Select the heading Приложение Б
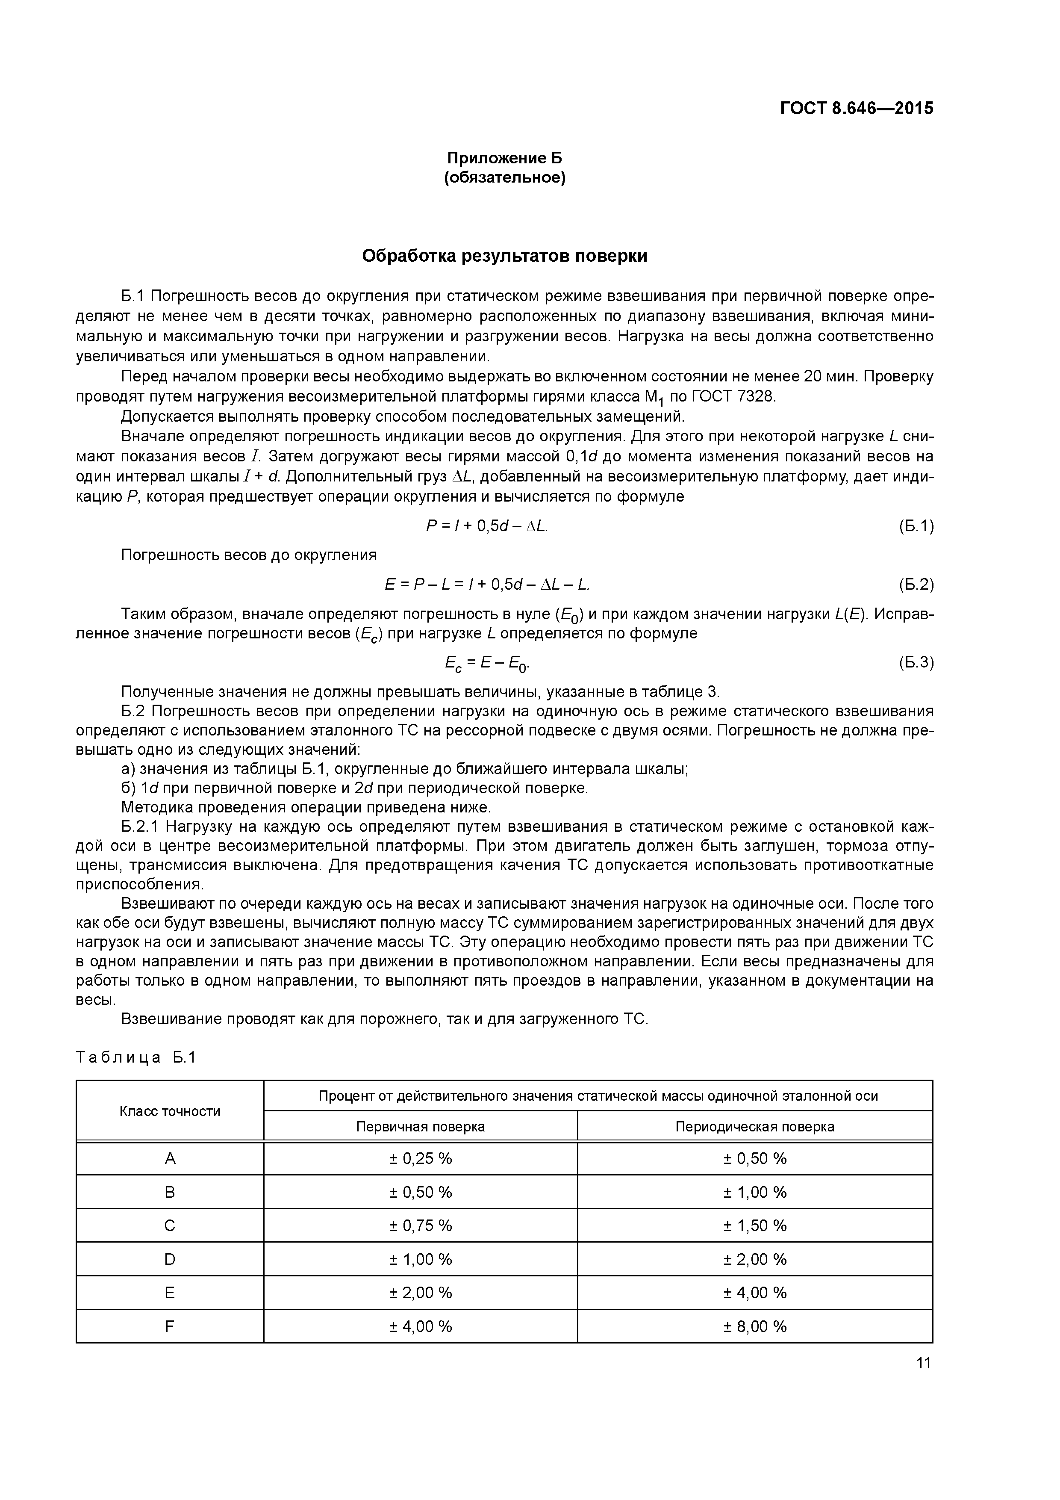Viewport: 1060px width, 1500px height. (x=504, y=158)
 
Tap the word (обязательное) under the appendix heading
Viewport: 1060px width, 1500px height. (x=504, y=178)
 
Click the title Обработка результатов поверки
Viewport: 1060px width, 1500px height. (x=504, y=256)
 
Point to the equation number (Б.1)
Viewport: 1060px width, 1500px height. (x=916, y=526)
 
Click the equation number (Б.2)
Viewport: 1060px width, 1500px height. (x=916, y=585)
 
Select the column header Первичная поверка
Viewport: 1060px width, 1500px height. (x=420, y=1126)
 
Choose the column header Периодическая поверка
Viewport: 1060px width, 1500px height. (x=754, y=1126)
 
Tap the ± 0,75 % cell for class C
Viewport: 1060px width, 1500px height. (x=420, y=1225)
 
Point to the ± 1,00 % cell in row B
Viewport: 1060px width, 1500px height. (x=754, y=1192)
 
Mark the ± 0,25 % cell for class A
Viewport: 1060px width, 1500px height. (x=420, y=1158)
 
